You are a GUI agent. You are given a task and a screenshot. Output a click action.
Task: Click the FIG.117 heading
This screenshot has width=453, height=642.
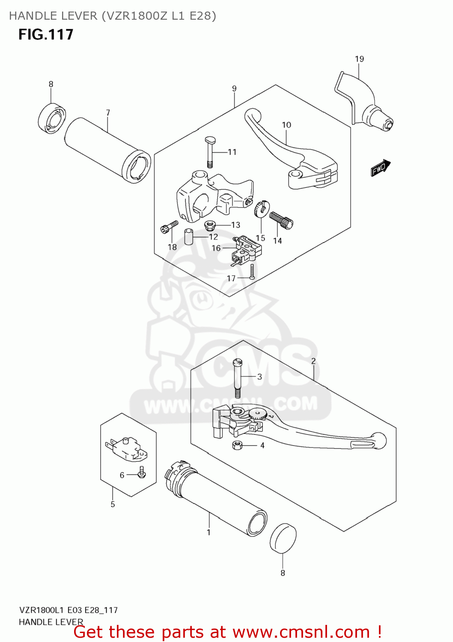(x=46, y=34)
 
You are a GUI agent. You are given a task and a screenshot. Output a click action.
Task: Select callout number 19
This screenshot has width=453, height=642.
(x=359, y=59)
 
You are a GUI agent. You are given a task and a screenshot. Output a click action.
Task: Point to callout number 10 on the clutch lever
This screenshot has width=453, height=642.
(x=286, y=125)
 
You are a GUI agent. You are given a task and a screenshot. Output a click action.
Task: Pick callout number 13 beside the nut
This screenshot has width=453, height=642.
(x=235, y=225)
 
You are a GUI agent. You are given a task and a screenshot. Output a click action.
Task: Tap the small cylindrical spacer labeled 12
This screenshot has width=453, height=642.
(x=189, y=237)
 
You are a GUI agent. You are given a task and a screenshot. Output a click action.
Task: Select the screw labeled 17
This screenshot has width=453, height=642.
(x=252, y=272)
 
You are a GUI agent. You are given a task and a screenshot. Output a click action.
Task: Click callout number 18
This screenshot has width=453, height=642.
(x=172, y=247)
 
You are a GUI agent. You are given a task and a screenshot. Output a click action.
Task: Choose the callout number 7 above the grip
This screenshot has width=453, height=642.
(x=108, y=113)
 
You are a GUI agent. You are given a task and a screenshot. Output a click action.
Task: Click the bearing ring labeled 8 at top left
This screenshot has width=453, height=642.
(x=51, y=118)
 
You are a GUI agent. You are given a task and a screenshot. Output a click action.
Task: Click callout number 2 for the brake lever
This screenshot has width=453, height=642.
(x=313, y=361)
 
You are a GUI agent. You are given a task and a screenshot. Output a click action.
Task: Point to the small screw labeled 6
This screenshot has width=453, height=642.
(x=142, y=473)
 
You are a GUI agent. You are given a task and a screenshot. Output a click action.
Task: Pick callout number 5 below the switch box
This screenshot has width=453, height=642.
(x=113, y=504)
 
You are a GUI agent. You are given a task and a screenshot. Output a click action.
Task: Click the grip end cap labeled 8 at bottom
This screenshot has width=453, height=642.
(x=283, y=538)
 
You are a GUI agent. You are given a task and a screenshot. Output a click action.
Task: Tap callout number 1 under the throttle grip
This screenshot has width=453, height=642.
(x=209, y=532)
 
